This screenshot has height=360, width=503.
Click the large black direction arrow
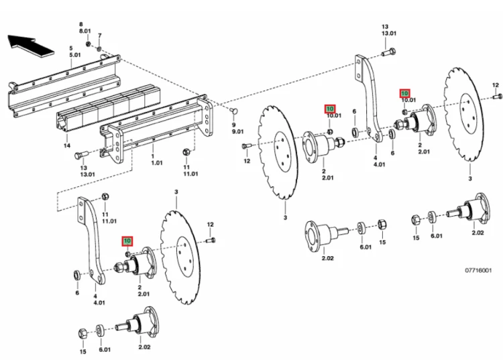coord(30,46)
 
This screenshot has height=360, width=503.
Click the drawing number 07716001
coord(478,271)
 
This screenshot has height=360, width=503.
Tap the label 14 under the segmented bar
coord(66,145)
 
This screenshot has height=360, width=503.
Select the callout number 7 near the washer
coord(100,36)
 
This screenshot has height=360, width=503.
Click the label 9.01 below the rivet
coord(237,131)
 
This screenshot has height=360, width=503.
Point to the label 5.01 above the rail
coord(74,55)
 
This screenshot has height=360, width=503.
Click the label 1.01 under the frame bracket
coord(157,163)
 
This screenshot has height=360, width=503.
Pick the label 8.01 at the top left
coord(85,31)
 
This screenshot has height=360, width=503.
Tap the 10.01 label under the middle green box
coord(334,115)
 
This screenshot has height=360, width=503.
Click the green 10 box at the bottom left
coord(127,241)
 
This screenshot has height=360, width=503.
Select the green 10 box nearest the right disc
coord(405,93)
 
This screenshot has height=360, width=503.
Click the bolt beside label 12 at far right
coord(497,96)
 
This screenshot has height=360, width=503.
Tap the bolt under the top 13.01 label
coord(388,52)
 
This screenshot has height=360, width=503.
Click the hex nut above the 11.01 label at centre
coord(186,152)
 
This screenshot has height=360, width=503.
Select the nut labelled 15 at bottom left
coord(82,333)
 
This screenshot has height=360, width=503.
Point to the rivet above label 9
coord(233,111)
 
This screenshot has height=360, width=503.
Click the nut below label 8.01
coord(89,44)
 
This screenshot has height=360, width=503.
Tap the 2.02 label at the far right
coord(478,233)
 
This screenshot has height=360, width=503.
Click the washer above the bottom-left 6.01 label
coord(100,331)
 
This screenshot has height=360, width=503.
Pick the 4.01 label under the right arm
coord(379,164)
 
